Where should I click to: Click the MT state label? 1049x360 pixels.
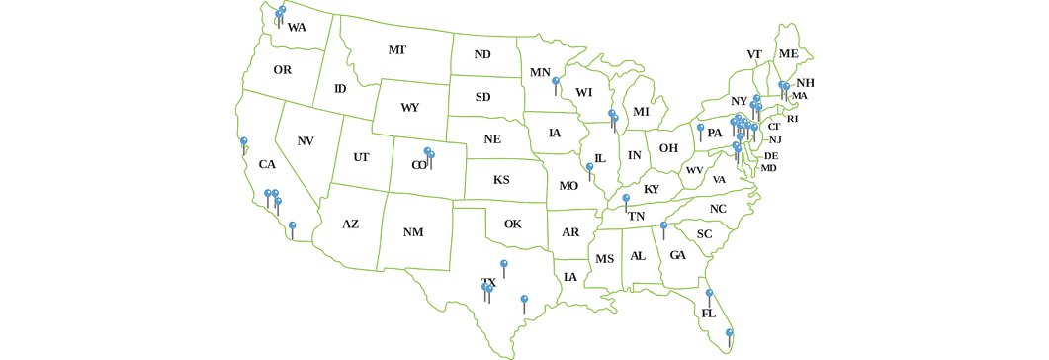396,50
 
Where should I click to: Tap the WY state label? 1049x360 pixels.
410,107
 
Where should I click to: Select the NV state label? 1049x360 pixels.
306,141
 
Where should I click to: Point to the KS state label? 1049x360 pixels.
501,180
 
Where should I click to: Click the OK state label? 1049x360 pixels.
512,224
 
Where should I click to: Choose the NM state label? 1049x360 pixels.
413,232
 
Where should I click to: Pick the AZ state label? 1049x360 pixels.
350,225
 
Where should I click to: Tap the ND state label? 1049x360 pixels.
482,54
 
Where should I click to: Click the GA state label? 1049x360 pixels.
677,255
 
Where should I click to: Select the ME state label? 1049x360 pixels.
788,53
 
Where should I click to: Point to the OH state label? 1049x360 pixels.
668,148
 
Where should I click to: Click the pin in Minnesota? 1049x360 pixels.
556,82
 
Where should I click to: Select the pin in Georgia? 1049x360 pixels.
663,226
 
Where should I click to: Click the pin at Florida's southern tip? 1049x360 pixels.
729,333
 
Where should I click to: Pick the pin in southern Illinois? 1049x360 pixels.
590,168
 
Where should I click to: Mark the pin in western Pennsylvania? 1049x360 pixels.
700,128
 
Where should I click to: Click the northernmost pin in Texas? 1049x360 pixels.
504,264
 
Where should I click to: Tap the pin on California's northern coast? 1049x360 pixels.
244,141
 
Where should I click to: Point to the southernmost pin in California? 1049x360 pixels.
292,226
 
